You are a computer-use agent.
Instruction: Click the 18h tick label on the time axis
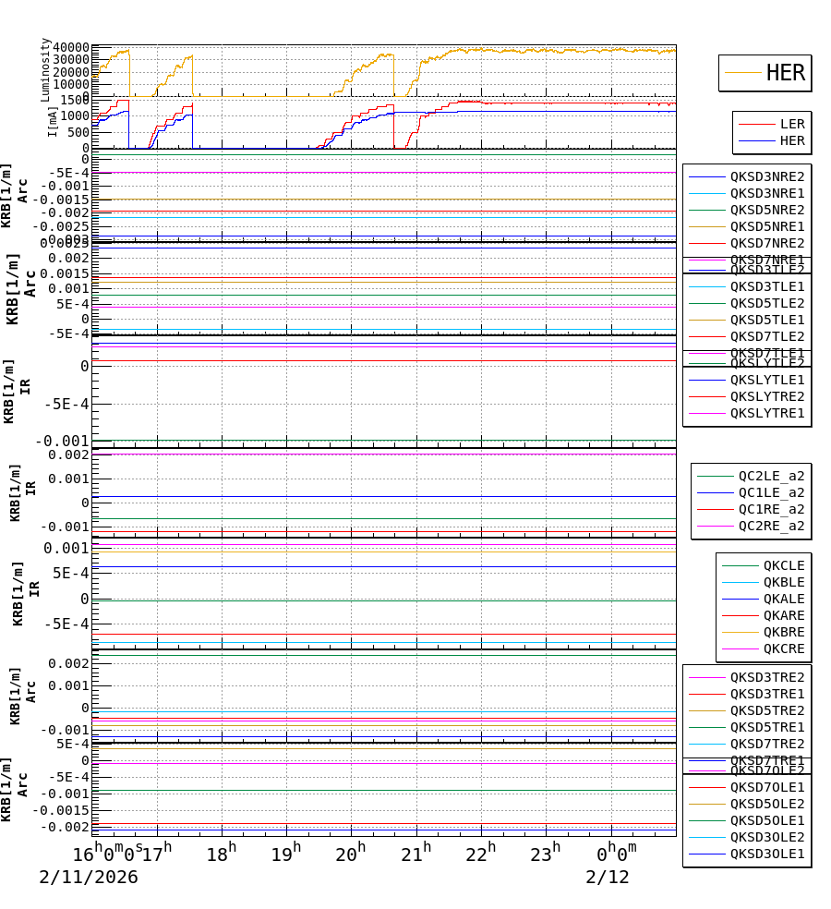point(221,854)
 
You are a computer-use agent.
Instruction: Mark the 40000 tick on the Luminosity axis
point(71,48)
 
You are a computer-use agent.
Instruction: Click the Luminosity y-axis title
point(45,69)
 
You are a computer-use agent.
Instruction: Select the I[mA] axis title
point(54,121)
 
